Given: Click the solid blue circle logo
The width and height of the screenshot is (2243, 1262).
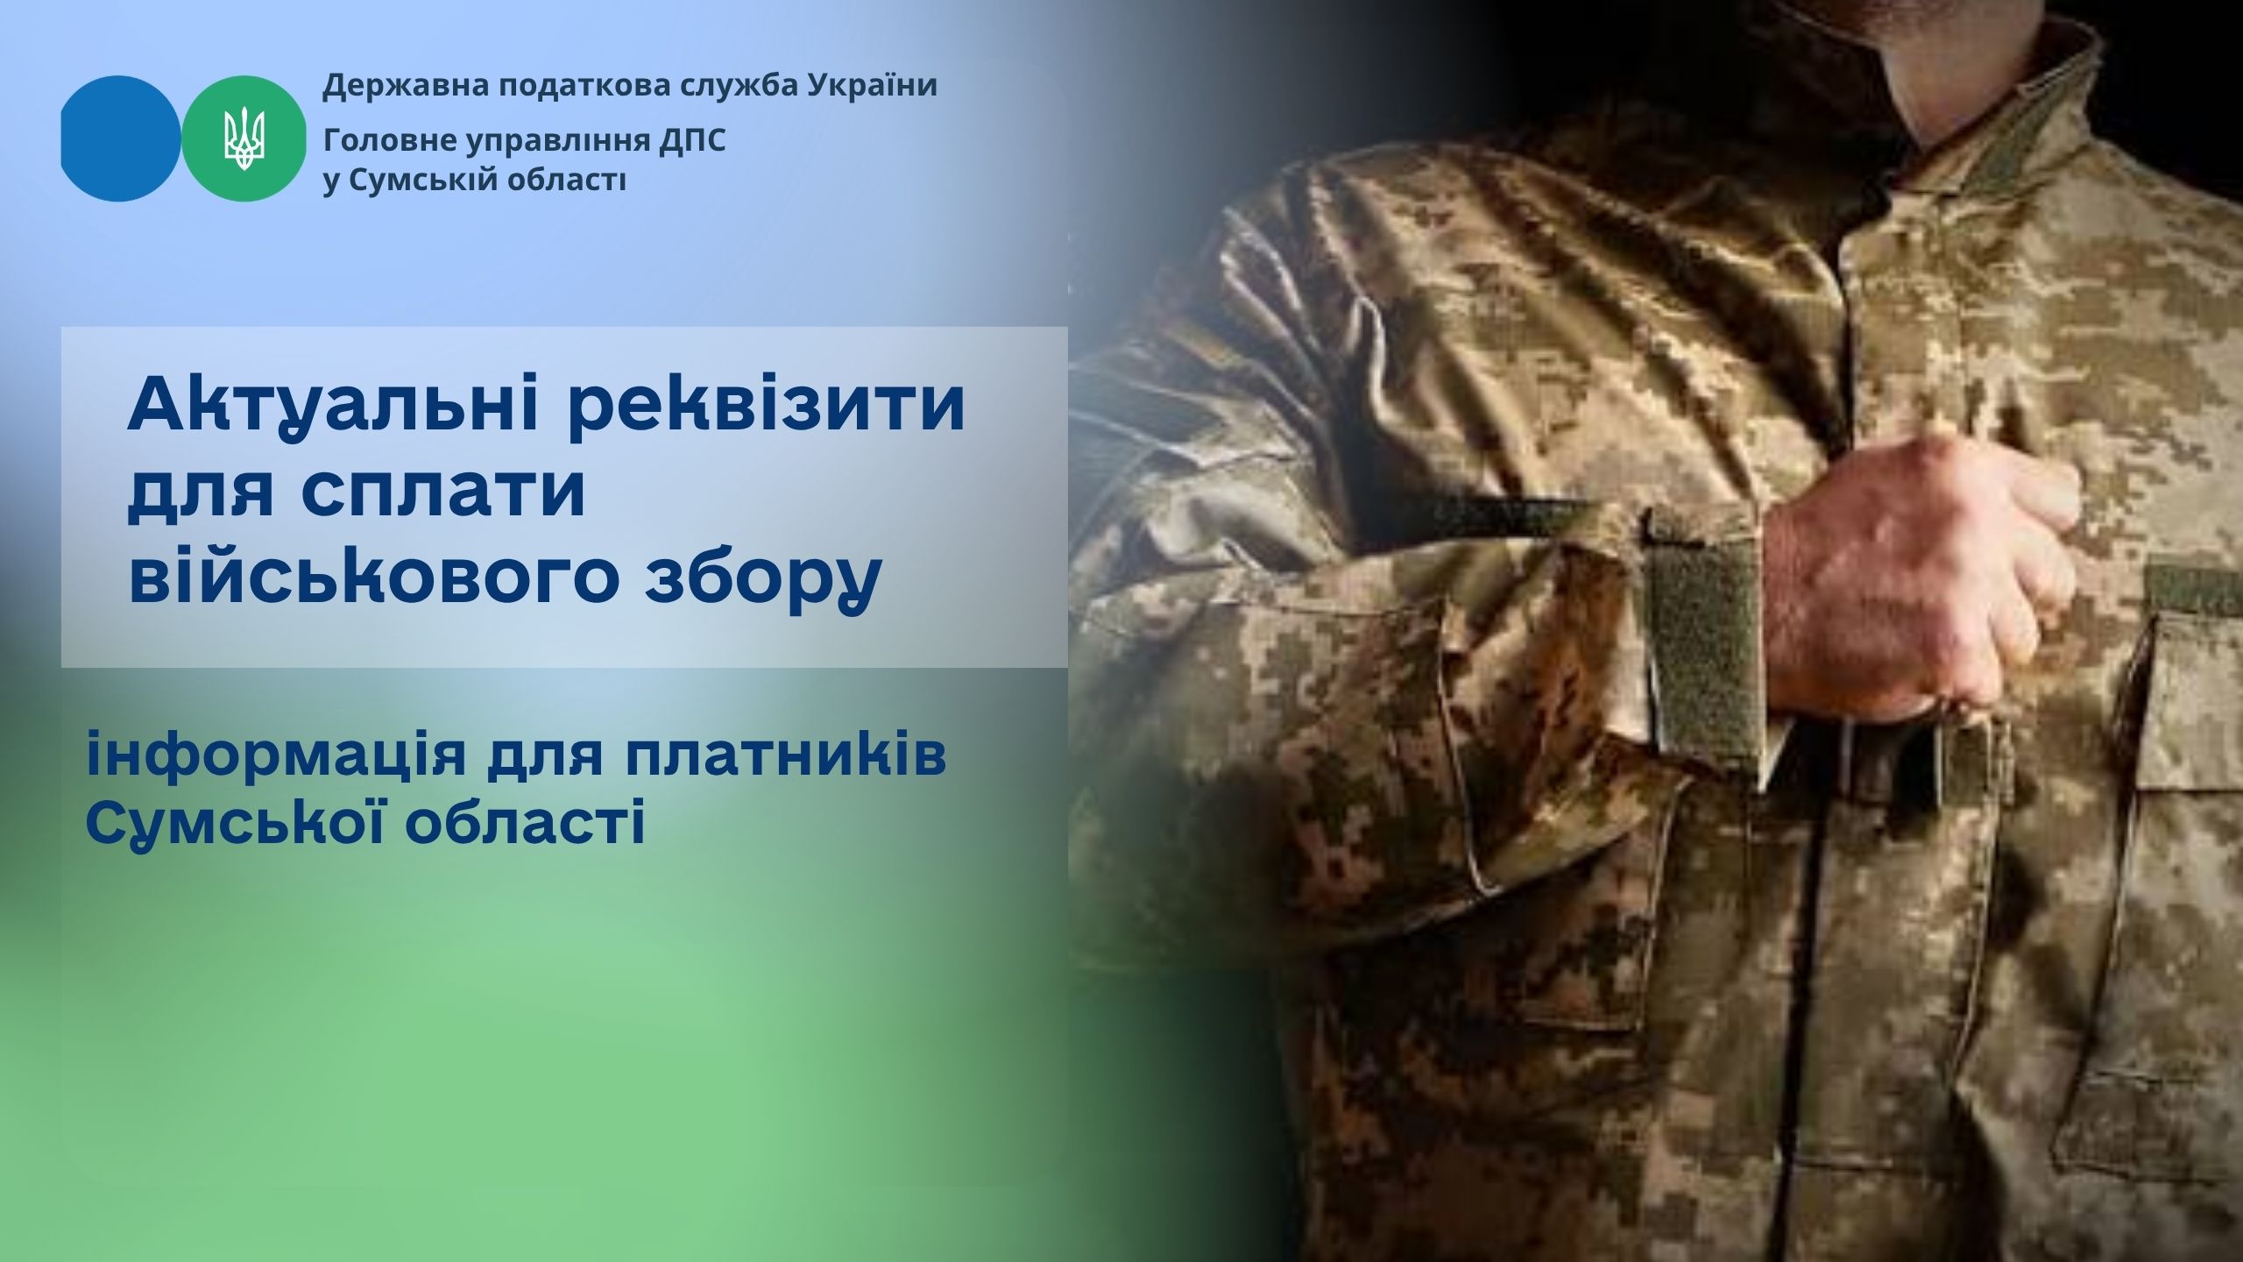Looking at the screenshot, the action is click(121, 138).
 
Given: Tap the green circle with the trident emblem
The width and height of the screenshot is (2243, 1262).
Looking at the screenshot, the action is click(244, 138).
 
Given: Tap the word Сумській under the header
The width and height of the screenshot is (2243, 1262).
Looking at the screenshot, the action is click(424, 181).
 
